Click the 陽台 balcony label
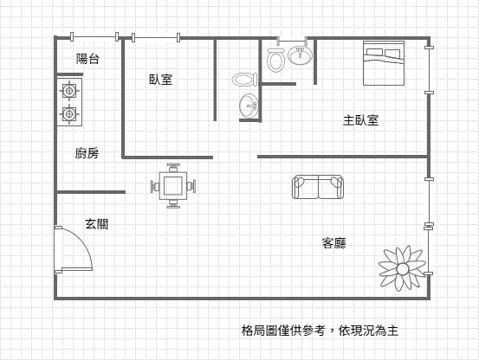tap(87, 59)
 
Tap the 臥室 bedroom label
tap(161, 80)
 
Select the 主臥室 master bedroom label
tap(361, 120)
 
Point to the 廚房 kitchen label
tap(87, 153)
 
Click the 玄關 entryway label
tap(96, 224)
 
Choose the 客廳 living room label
tap(333, 243)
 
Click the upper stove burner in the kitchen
tap(69, 90)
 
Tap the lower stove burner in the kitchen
tap(69, 114)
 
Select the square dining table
tap(173, 186)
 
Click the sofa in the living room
tap(318, 187)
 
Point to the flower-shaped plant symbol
tap(402, 268)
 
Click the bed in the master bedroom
tap(384, 63)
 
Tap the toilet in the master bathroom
tap(275, 60)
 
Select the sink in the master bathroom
tap(301, 55)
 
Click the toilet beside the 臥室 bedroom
tap(245, 80)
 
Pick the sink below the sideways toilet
tap(249, 106)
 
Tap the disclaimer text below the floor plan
tap(320, 331)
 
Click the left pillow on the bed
tap(373, 52)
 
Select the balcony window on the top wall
tap(94, 37)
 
